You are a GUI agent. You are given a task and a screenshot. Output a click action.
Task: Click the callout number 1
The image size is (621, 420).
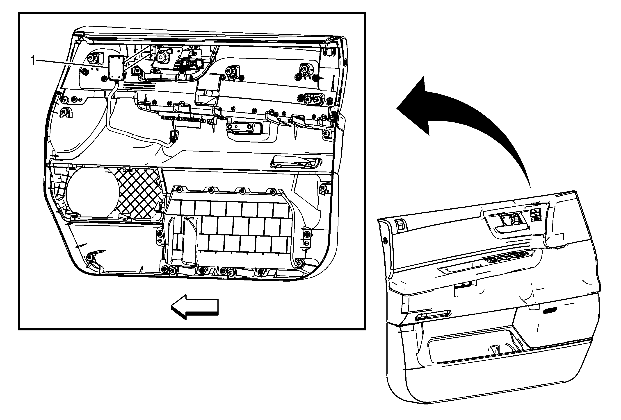(x=33, y=60)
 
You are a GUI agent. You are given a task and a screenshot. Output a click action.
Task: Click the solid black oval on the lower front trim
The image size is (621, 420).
(x=549, y=309)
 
